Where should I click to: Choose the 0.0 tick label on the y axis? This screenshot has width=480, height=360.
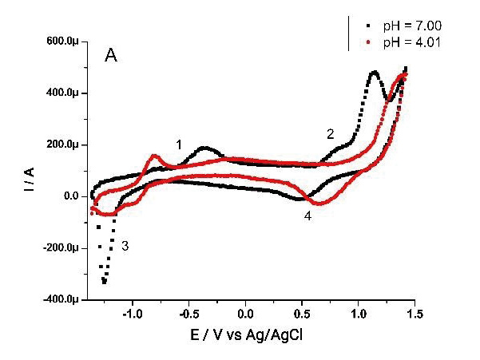[69, 196]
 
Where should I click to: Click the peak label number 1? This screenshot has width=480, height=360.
[179, 144]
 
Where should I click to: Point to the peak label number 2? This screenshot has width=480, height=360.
[330, 134]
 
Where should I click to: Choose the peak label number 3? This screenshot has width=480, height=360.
[125, 247]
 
